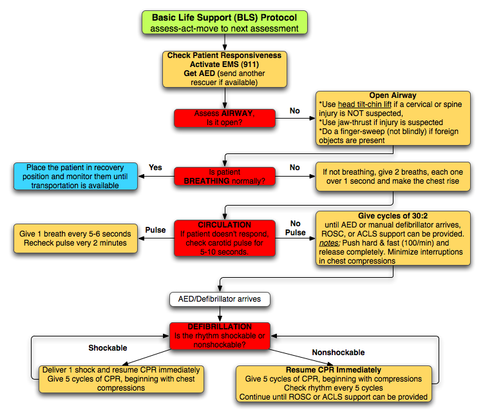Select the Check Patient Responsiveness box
pos(225,69)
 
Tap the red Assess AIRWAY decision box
pos(225,118)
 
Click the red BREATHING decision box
pos(225,177)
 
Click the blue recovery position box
pos(77,177)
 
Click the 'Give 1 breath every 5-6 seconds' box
pos(77,238)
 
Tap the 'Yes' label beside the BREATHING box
pos(156,167)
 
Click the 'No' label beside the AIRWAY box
pos(294,111)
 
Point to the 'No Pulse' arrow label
pos(295,228)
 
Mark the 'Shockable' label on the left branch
pos(107,348)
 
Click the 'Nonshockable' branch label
pos(338,353)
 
